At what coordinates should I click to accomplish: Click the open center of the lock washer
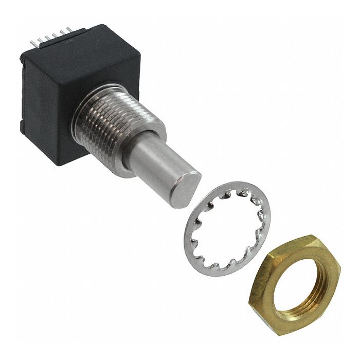click(x=226, y=226)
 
